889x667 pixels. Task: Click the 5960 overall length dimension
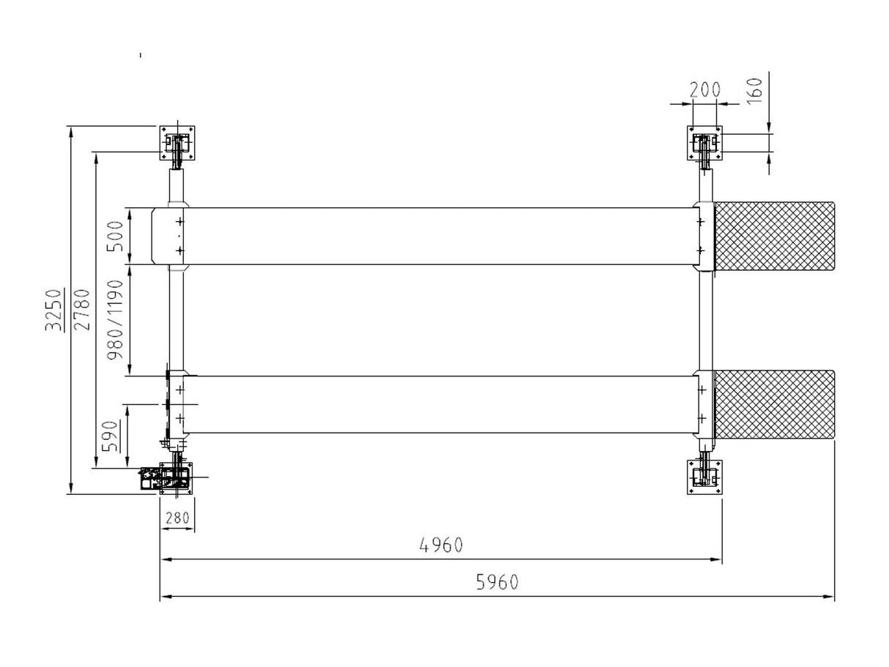tap(496, 582)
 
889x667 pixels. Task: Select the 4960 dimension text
tap(441, 545)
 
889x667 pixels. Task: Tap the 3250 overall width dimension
tap(53, 310)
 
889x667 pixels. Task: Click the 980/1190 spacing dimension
tap(115, 320)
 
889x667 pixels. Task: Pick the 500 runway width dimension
tap(115, 236)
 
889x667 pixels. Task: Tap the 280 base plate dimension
tap(177, 518)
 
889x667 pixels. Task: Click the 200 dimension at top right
tap(705, 90)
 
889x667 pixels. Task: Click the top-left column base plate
tap(178, 143)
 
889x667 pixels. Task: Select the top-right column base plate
tap(704, 143)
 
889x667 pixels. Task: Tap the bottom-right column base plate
tap(704, 477)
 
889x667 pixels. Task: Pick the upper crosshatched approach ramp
tap(774, 236)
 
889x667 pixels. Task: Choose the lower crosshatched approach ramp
tap(774, 404)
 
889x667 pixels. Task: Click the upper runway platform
tap(439, 236)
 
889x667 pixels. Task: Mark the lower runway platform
tap(439, 404)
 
